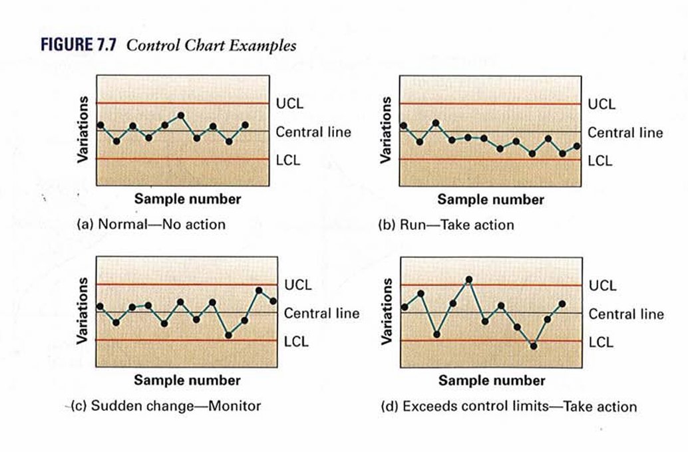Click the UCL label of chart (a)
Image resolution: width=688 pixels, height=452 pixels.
point(288,104)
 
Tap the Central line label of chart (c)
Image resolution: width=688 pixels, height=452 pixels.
point(321,313)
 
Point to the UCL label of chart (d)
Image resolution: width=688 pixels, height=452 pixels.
point(602,286)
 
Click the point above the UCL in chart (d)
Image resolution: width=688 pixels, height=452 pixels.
point(469,279)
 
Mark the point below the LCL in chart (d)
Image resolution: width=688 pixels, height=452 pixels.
point(533,346)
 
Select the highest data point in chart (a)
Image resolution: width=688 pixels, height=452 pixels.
point(181,115)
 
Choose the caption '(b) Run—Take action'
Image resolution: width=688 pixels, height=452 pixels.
point(446,225)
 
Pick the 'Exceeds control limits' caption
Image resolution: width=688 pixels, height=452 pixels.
point(509,406)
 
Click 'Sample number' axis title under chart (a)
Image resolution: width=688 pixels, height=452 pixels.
point(188,199)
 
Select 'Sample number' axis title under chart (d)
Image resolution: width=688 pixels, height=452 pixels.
point(492,381)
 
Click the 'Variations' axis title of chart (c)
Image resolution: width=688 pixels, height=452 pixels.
point(83,311)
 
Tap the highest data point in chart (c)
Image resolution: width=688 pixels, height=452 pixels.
point(259,290)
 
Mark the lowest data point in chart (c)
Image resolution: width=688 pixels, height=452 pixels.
point(228,335)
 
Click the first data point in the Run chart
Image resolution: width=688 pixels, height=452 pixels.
point(403,126)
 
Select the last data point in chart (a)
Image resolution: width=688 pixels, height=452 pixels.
point(246,125)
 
